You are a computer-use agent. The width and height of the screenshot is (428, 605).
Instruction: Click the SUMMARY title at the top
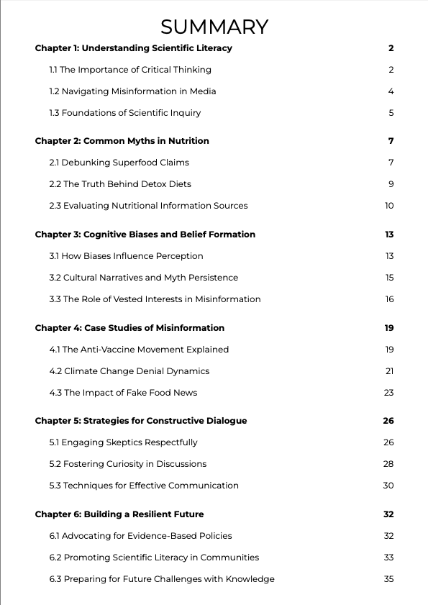point(214,27)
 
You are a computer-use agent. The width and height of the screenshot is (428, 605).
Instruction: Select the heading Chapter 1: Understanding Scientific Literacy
point(133,48)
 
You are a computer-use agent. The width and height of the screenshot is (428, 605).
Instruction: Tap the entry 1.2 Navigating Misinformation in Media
point(132,91)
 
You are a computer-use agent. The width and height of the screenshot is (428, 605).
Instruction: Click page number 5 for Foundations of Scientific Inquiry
point(391,113)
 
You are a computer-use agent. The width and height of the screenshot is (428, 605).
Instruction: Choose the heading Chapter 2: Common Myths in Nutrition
point(122,141)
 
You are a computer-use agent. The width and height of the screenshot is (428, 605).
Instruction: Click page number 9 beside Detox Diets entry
point(391,184)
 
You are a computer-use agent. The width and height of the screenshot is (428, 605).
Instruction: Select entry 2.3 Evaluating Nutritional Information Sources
point(148,206)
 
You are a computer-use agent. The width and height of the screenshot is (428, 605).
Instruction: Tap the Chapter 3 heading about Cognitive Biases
point(145,235)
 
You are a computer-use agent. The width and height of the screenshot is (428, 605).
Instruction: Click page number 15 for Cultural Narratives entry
point(389,278)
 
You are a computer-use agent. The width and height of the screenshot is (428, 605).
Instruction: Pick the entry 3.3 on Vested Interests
point(155,299)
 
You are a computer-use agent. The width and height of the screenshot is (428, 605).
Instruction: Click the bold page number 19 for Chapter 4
point(388,328)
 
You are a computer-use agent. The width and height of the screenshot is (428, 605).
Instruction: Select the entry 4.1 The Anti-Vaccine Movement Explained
point(139,350)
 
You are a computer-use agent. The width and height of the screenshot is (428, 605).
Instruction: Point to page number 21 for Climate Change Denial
point(389,371)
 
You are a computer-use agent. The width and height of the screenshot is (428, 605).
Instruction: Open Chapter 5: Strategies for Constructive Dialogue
point(140,421)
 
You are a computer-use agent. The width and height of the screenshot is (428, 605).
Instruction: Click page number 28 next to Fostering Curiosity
point(388,464)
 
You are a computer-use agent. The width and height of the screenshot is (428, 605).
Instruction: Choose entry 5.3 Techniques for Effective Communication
point(144,486)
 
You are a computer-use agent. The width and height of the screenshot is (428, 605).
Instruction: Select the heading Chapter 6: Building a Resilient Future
point(119,514)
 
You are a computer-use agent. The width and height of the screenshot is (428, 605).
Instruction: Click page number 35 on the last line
point(388,579)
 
